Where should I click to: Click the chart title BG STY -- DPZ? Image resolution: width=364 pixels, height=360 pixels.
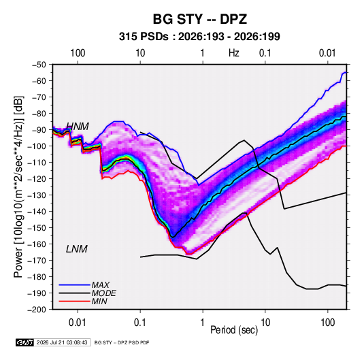(199, 19)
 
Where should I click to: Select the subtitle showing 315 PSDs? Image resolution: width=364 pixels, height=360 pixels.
(199, 37)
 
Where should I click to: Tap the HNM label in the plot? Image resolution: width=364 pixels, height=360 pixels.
(78, 127)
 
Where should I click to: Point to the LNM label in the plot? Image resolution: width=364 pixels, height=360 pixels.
(77, 249)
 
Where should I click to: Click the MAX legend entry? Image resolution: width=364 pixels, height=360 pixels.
(101, 284)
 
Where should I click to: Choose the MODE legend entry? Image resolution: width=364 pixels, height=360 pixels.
(104, 293)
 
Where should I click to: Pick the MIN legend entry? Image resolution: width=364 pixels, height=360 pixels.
(99, 301)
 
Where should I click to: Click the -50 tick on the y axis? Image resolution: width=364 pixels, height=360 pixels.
(39, 65)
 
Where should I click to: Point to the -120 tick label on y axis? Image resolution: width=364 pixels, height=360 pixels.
(37, 179)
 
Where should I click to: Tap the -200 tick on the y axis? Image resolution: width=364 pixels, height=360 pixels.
(37, 310)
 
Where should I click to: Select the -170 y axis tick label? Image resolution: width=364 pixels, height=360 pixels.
(37, 261)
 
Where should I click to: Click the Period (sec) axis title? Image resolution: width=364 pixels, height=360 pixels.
(234, 330)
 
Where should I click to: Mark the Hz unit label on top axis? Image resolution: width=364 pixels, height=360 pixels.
(234, 53)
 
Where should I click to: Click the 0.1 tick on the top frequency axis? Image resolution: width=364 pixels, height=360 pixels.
(265, 53)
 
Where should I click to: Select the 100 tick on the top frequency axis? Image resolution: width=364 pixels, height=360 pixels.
(78, 53)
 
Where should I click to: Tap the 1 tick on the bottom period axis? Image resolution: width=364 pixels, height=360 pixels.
(203, 323)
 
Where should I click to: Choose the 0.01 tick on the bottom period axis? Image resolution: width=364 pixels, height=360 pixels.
(78, 323)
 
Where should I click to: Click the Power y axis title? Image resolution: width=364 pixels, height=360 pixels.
(18, 187)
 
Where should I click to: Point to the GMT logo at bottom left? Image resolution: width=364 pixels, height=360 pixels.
(24, 342)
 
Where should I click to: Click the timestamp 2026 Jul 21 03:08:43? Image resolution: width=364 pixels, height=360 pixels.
(62, 342)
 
